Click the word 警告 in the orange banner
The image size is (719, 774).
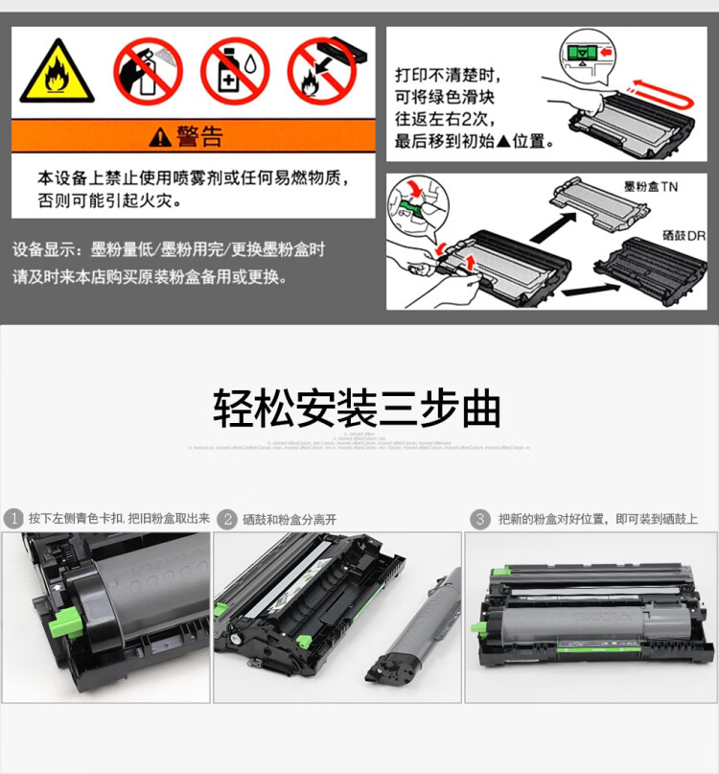199,136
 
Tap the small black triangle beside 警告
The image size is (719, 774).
160,137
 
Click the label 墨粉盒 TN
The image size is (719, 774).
650,187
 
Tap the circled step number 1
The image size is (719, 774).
13,519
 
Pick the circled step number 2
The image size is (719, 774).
227,519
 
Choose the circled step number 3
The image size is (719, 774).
480,519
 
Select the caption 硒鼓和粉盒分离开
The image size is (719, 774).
290,519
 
